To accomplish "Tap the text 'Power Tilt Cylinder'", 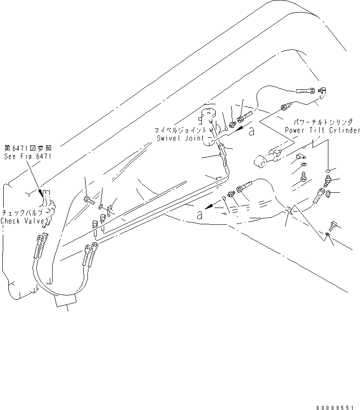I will tap(323, 130).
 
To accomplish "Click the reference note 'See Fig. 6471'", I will tap(27, 157).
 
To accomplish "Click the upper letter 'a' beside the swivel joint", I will tap(252, 132).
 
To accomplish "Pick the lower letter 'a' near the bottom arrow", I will tap(199, 215).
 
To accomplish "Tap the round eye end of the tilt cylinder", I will tap(259, 161).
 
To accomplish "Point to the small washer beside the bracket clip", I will tap(101, 205).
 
